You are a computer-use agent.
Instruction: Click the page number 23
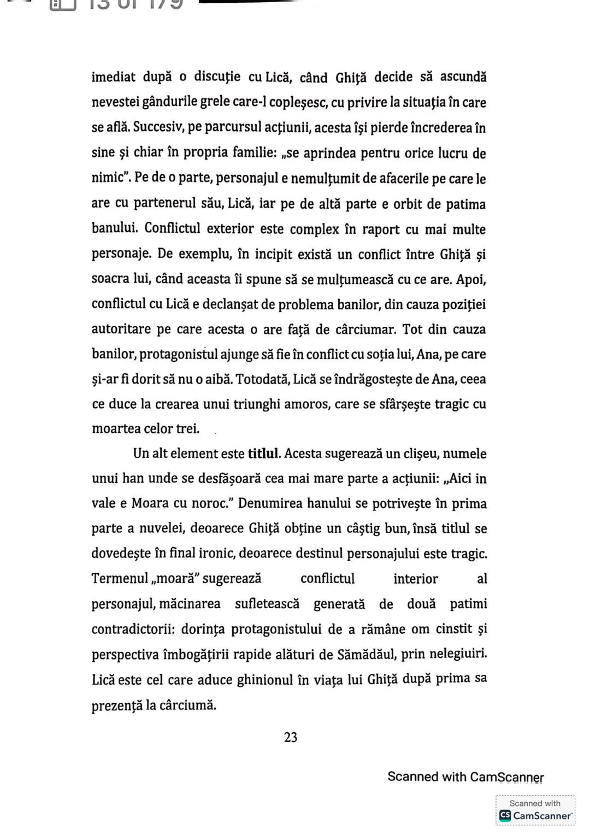[291, 737]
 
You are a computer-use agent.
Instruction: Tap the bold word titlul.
[264, 454]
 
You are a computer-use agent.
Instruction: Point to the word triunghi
[257, 404]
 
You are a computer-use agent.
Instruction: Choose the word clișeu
[428, 454]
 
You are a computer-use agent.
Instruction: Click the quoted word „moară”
[178, 578]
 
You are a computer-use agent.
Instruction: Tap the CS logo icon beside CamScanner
[505, 815]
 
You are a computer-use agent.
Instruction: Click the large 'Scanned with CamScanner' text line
[465, 777]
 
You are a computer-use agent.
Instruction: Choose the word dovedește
[121, 554]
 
